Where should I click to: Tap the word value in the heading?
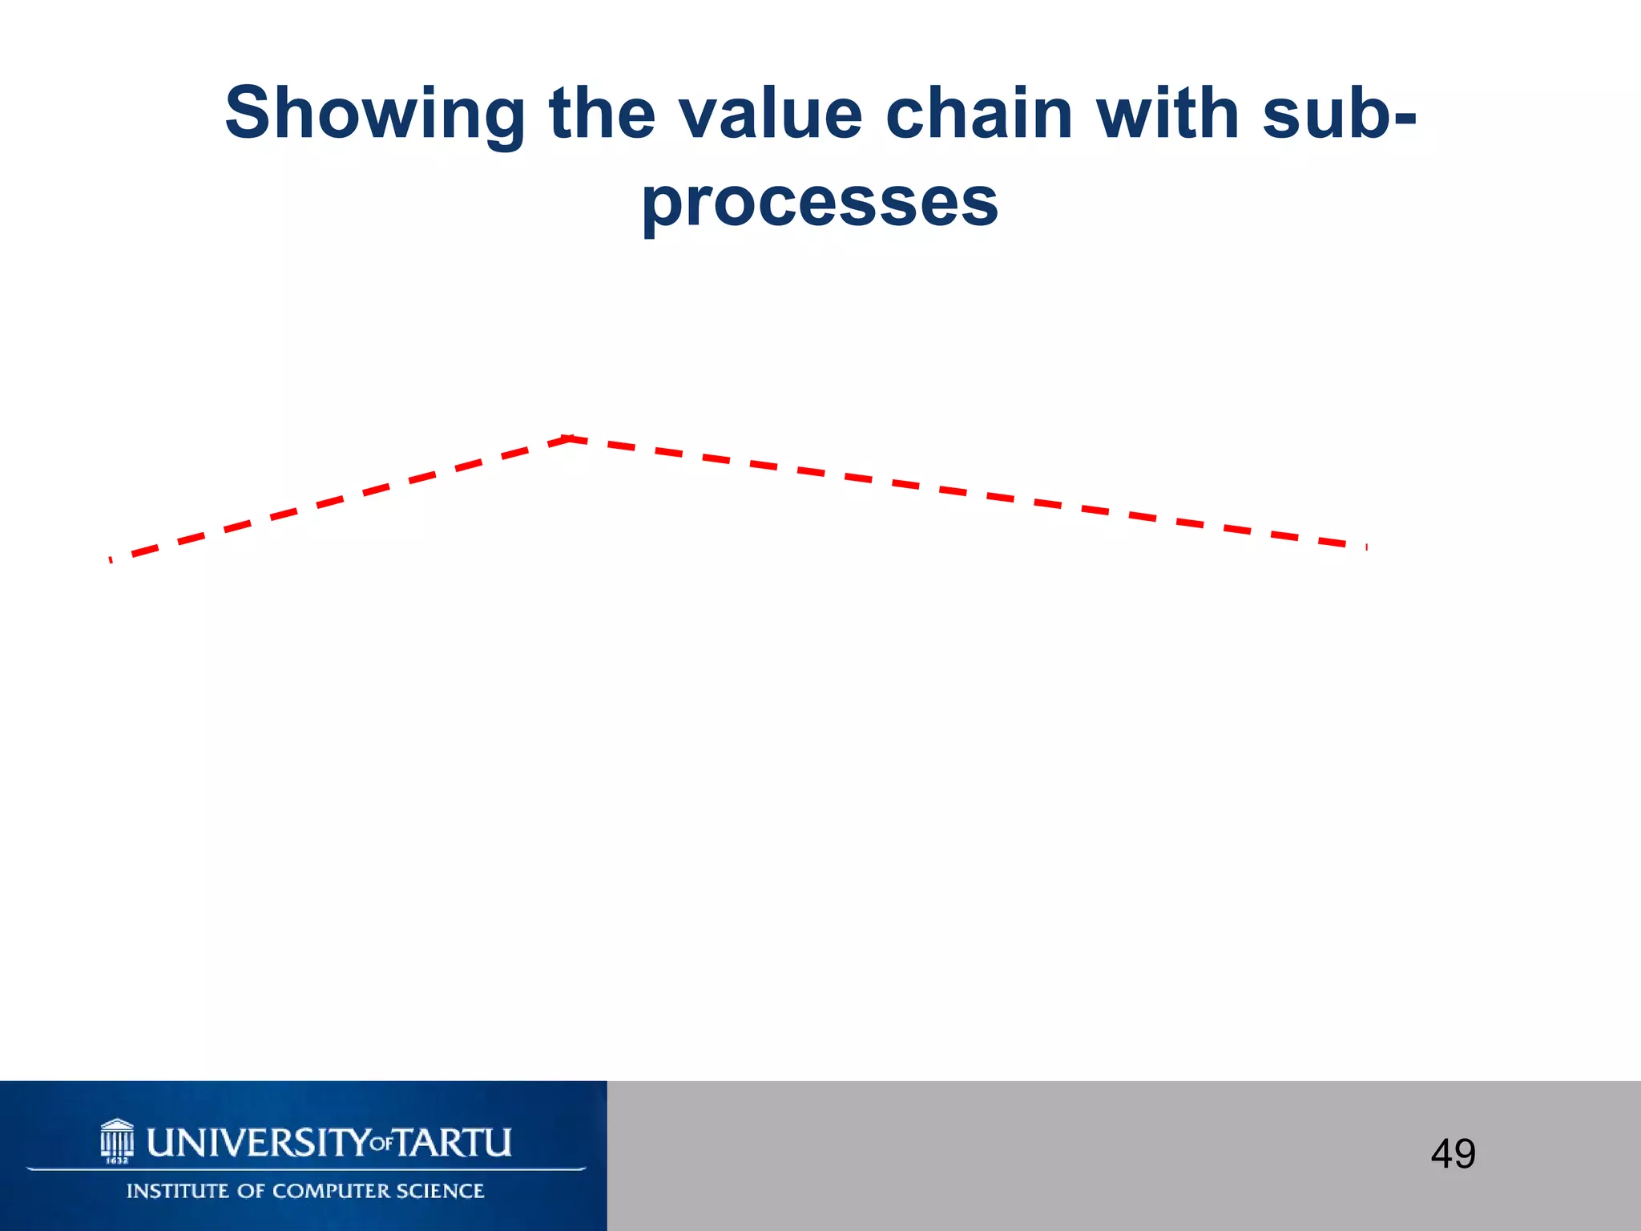click(769, 114)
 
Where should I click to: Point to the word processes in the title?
click(820, 202)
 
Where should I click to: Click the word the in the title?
click(602, 114)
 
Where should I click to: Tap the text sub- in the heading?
click(1339, 114)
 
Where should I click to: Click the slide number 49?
click(1453, 1154)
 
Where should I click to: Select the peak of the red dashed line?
click(569, 438)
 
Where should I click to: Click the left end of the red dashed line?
click(111, 559)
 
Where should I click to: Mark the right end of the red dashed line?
click(1365, 547)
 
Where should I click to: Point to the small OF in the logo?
click(382, 1144)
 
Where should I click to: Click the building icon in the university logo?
click(117, 1137)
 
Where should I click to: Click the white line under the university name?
click(306, 1169)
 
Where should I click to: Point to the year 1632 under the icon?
click(118, 1160)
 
